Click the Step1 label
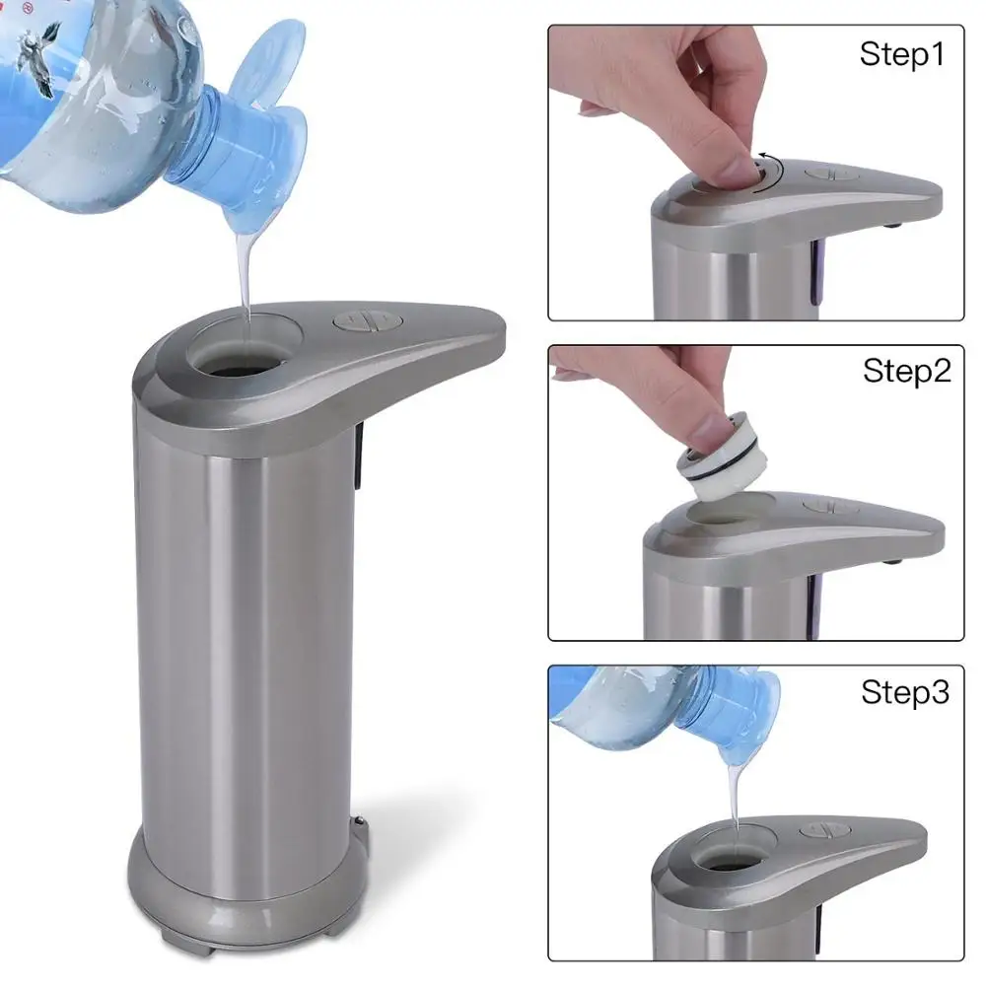click(901, 54)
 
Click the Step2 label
click(906, 371)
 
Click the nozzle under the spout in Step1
click(893, 224)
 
